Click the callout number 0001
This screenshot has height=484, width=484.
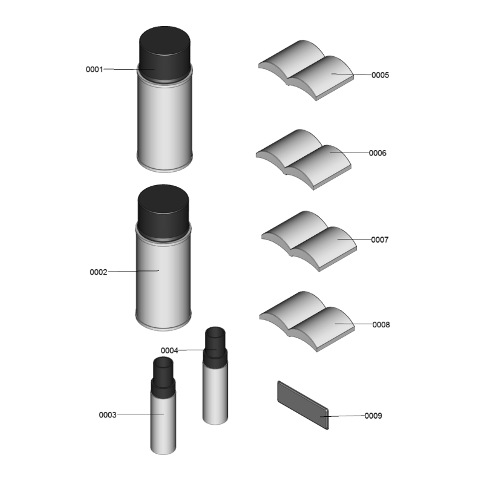[x=94, y=70]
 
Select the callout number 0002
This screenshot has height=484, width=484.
[x=99, y=272]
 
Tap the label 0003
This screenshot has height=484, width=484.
[x=108, y=415]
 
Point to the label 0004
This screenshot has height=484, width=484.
[x=169, y=351]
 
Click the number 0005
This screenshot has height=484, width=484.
[x=381, y=75]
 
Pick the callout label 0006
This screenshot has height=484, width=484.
[x=378, y=153]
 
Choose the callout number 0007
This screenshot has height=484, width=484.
[x=380, y=240]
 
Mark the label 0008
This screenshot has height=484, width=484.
[x=381, y=325]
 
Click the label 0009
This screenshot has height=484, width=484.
[x=373, y=416]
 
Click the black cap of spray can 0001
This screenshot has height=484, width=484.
[x=165, y=54]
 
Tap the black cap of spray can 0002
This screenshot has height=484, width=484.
[x=163, y=212]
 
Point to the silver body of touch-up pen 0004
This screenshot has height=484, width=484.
[x=215, y=390]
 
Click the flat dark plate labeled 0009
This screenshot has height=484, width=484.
[x=303, y=405]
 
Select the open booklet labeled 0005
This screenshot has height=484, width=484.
[x=306, y=70]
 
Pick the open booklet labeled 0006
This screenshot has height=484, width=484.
[x=304, y=160]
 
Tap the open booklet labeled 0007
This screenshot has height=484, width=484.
[x=309, y=241]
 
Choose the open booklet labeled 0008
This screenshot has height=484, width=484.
[x=307, y=321]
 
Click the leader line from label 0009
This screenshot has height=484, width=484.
[x=342, y=416]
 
